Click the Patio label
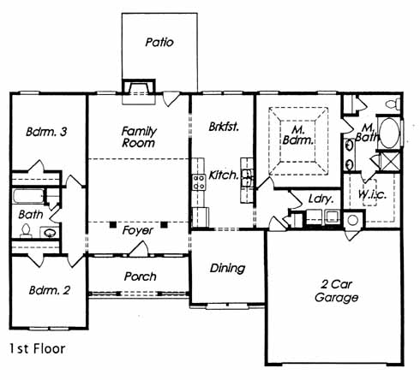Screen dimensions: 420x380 [x=159, y=42]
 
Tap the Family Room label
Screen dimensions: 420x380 [x=139, y=137]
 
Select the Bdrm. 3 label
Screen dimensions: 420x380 [x=46, y=132]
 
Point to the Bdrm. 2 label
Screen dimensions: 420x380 [x=50, y=290]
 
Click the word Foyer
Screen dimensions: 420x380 [x=138, y=230]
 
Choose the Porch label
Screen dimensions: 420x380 [x=140, y=276]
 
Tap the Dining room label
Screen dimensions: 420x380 [x=227, y=268]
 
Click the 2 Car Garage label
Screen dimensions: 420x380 [x=336, y=291]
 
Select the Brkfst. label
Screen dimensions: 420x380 [x=224, y=127]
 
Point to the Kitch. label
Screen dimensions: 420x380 [x=224, y=175]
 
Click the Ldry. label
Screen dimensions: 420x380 [x=321, y=199]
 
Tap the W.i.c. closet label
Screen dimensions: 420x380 [x=372, y=194]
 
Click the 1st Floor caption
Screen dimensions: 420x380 [x=38, y=348]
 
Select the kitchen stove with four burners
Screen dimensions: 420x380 [x=199, y=182]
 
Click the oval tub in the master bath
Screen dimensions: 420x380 [x=389, y=133]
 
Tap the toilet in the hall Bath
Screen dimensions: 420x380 [x=26, y=230]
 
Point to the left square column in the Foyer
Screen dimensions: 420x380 [x=113, y=224]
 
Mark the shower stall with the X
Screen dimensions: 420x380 [x=390, y=161]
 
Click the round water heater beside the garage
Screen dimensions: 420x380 [x=353, y=220]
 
